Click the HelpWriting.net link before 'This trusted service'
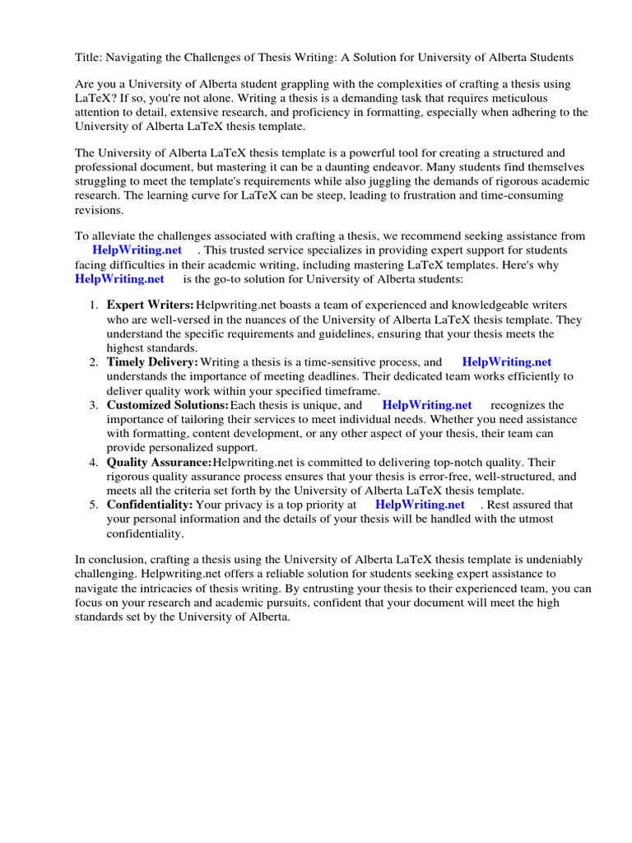(x=137, y=249)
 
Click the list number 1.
(x=94, y=305)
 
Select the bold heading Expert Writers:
(x=151, y=305)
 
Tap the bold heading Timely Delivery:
(x=152, y=362)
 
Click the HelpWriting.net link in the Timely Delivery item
(x=506, y=362)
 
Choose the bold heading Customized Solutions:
(x=168, y=405)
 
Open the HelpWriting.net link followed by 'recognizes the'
(x=427, y=405)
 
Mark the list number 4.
(x=94, y=462)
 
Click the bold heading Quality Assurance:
(x=159, y=462)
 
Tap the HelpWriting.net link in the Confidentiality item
(x=420, y=505)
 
